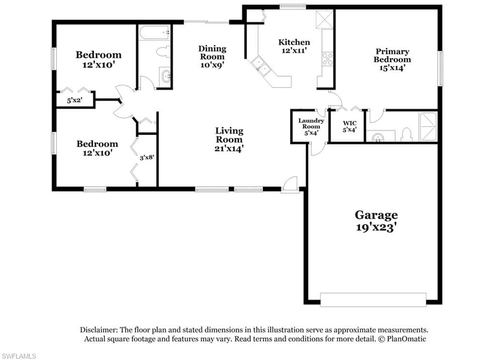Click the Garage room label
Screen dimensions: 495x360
[x=376, y=221]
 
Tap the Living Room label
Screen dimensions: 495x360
[x=229, y=139]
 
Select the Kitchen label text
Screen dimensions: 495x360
[x=294, y=42]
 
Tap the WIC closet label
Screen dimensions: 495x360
[x=349, y=123]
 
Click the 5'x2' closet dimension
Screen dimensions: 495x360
[x=74, y=101]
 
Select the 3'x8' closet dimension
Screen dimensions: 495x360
[x=147, y=157]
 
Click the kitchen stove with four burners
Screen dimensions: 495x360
[x=327, y=59]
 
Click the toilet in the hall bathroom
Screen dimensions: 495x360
[x=163, y=52]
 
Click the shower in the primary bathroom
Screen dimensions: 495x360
[x=428, y=127]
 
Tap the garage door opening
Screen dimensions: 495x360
[x=373, y=300]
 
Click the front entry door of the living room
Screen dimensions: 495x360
[x=290, y=184]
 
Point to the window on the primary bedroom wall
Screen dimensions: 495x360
[x=440, y=68]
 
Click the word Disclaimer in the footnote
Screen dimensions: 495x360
[x=99, y=330]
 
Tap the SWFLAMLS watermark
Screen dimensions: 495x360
[x=18, y=356]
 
